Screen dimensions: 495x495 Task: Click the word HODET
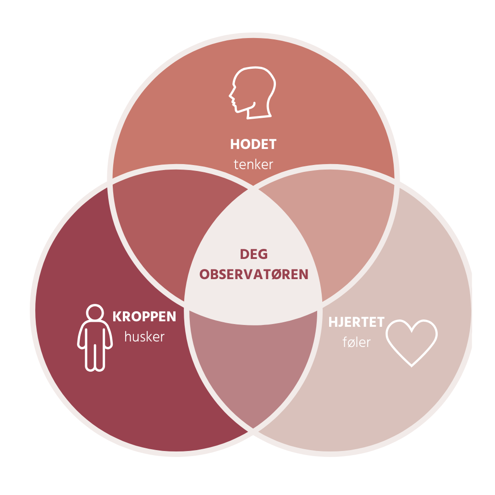[x=253, y=144]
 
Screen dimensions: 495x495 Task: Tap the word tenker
[x=253, y=164]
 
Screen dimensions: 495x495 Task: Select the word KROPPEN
[x=144, y=317]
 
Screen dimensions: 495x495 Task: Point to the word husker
[x=144, y=337]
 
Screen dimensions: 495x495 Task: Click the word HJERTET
[x=356, y=322]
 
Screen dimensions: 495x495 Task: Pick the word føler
[x=356, y=342]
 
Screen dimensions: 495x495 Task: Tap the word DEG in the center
[x=254, y=254]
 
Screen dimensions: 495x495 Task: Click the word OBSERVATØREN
[x=254, y=274]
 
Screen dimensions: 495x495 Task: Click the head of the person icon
[x=95, y=313]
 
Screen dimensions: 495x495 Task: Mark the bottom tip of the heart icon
[x=412, y=365]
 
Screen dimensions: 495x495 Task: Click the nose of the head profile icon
[x=231, y=96]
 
